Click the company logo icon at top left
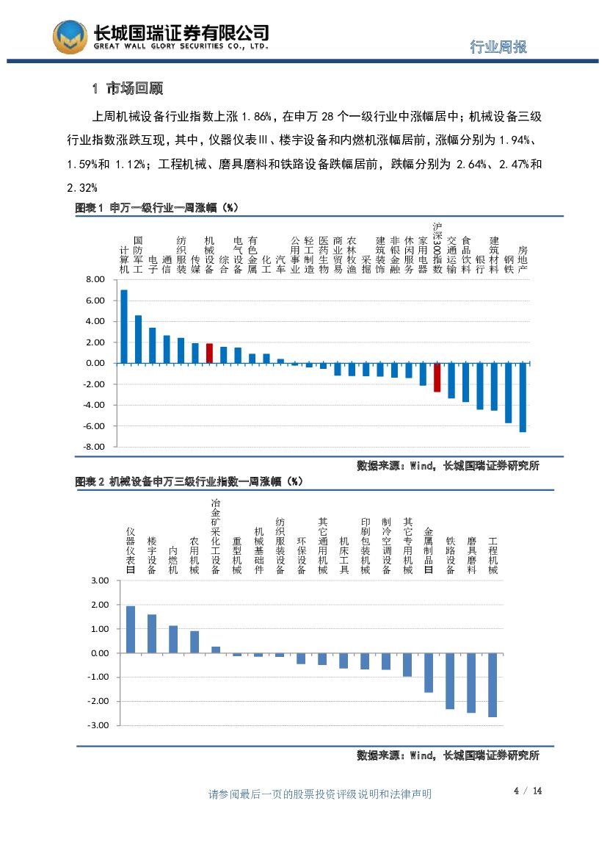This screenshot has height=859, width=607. click(70, 36)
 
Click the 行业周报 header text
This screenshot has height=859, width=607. click(498, 47)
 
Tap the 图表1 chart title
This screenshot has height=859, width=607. click(158, 209)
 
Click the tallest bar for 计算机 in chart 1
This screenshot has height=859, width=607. click(124, 326)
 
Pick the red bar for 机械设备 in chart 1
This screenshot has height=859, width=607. click(209, 353)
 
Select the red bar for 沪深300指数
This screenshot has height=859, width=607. click(437, 377)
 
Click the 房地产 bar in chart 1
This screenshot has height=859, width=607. click(523, 397)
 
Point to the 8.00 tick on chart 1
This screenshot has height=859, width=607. click(95, 280)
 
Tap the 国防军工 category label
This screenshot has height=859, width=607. click(138, 254)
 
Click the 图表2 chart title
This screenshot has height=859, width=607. click(189, 482)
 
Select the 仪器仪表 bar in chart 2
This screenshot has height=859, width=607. click(131, 629)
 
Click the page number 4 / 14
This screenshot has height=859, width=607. click(528, 791)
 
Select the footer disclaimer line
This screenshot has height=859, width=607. click(320, 794)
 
